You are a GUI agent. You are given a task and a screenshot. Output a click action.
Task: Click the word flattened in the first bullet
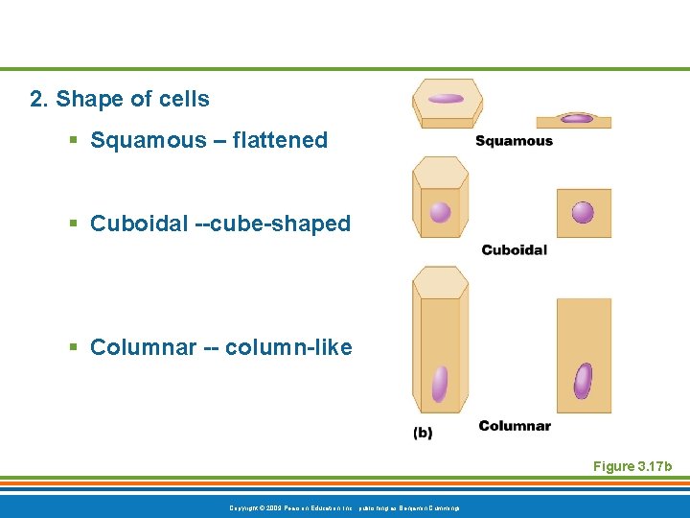[x=277, y=140]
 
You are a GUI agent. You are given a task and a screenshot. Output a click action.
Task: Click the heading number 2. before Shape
[x=39, y=99]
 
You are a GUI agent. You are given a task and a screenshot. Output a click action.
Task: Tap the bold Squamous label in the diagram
[x=514, y=141]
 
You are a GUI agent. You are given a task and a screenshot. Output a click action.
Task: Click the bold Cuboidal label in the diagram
[x=514, y=250]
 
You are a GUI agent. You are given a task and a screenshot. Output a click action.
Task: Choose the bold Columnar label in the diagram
[x=515, y=426]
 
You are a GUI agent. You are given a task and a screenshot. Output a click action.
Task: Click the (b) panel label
[x=423, y=433]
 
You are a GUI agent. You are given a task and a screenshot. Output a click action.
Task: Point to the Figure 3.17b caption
[x=632, y=466]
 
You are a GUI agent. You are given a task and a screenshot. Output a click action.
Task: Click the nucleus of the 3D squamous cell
[x=446, y=99]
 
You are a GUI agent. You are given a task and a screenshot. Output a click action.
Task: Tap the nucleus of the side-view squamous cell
[x=576, y=119]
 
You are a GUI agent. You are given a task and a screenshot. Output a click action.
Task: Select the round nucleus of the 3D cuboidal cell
[x=440, y=212]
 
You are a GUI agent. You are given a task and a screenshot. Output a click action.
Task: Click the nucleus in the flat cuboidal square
[x=583, y=212]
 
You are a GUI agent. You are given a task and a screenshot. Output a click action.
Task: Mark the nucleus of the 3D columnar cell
[x=440, y=384]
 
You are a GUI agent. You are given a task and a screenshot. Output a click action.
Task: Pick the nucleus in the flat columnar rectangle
[x=583, y=381]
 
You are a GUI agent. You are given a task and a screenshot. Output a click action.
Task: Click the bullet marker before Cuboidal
[x=73, y=224]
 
